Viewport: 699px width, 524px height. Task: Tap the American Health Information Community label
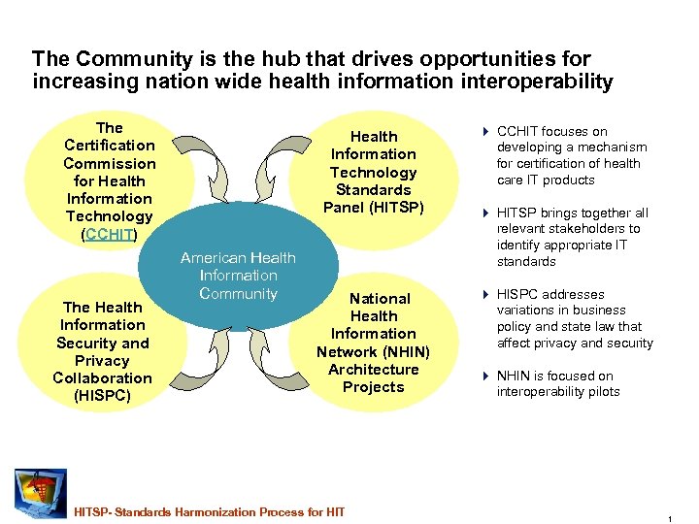(x=238, y=276)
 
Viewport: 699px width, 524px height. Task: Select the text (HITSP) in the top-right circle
(x=397, y=208)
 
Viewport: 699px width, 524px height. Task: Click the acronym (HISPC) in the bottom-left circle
(x=102, y=396)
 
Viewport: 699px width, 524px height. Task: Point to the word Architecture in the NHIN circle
(x=373, y=370)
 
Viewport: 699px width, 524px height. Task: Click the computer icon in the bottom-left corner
(x=41, y=493)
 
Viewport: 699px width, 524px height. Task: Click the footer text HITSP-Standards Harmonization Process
(x=209, y=511)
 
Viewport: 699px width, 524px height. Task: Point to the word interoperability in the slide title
(x=533, y=82)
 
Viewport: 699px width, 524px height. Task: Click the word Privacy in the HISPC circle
(x=102, y=361)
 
